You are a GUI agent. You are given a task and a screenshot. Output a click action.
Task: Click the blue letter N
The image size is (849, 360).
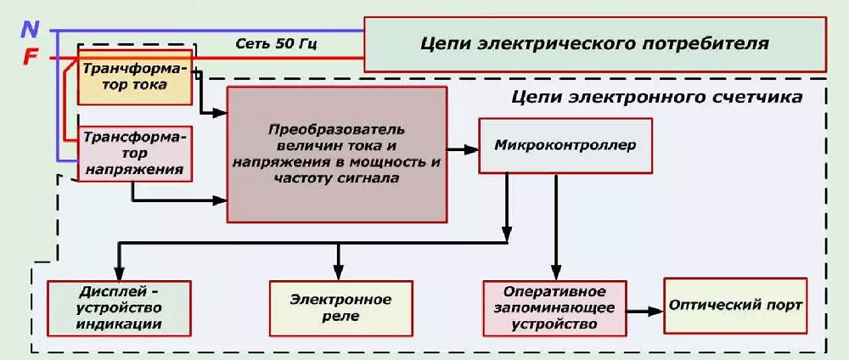click(x=31, y=30)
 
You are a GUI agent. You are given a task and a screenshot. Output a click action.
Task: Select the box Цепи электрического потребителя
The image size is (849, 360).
click(x=594, y=43)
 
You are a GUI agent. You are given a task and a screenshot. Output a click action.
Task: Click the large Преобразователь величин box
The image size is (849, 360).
click(x=337, y=154)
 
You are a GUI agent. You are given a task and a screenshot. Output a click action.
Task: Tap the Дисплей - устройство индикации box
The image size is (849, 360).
click(x=118, y=307)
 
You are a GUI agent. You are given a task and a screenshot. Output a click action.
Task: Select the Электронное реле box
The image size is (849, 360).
click(x=340, y=307)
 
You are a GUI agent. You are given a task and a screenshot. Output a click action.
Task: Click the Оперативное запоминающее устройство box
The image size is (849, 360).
click(x=552, y=307)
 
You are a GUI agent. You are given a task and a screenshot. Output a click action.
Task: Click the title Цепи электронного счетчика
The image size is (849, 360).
click(x=657, y=98)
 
